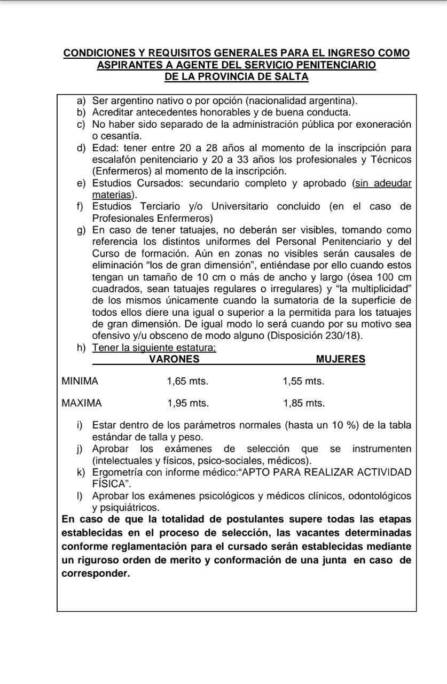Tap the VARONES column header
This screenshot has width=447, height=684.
(x=174, y=359)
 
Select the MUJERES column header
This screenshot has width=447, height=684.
(x=341, y=359)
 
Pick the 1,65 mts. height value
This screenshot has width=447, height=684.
(x=187, y=382)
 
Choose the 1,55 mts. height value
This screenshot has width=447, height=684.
(x=303, y=382)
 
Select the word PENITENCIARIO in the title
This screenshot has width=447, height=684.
(x=338, y=65)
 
